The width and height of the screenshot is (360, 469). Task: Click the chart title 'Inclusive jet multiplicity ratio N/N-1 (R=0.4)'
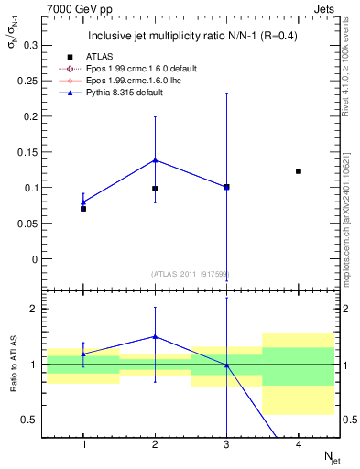point(191,37)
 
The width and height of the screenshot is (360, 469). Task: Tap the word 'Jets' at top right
point(327,7)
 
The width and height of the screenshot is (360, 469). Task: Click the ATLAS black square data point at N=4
point(299,171)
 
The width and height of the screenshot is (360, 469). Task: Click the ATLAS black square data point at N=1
point(83,209)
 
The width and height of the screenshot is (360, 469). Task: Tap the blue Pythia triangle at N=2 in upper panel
point(155,159)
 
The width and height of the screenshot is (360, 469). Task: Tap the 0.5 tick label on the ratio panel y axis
point(32,420)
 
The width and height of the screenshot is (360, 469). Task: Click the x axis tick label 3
point(226,444)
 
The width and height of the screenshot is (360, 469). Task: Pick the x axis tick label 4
point(299,444)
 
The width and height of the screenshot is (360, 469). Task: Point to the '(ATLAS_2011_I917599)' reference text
point(191,274)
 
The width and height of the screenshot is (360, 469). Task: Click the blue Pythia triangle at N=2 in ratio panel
point(155,336)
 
